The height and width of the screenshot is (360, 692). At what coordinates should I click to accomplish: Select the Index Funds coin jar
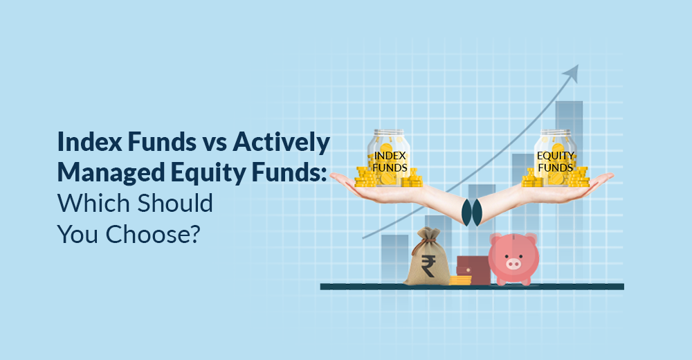click(388, 158)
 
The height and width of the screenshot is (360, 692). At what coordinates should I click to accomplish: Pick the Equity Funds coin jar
click(555, 158)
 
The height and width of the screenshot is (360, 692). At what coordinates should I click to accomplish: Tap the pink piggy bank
click(513, 259)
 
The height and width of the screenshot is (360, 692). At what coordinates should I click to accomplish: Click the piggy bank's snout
click(513, 264)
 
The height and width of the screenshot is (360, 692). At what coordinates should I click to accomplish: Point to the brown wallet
click(473, 269)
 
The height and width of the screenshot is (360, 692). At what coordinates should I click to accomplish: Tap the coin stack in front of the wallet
click(460, 280)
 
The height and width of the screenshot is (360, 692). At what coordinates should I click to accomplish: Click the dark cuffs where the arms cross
click(471, 212)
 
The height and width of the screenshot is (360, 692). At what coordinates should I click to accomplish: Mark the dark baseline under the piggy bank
click(472, 287)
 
